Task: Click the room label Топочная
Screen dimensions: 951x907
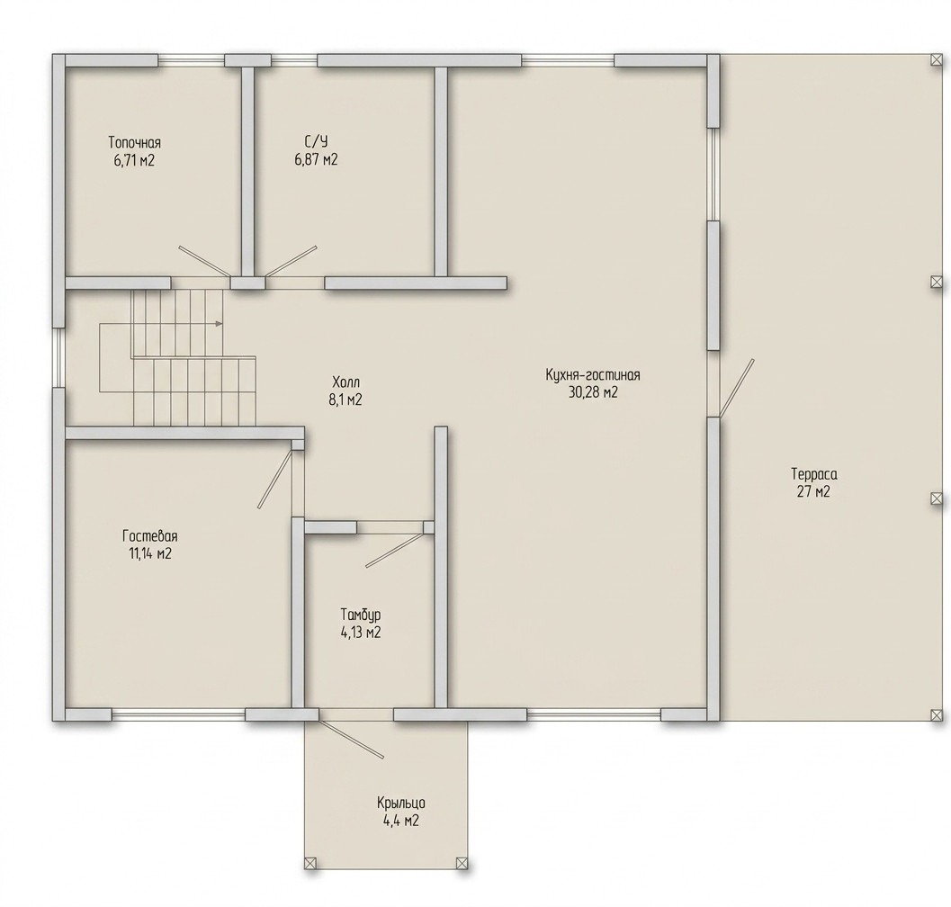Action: pyautogui.click(x=135, y=142)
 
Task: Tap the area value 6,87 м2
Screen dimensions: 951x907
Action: pyautogui.click(x=316, y=159)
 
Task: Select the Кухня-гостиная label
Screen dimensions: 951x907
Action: pyautogui.click(x=593, y=375)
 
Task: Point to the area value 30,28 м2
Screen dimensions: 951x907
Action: pyautogui.click(x=593, y=392)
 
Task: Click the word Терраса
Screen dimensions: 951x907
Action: pyautogui.click(x=814, y=474)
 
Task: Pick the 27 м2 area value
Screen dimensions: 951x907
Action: pyautogui.click(x=813, y=491)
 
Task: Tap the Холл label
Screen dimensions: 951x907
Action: pyautogui.click(x=345, y=382)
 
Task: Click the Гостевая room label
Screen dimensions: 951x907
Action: pyautogui.click(x=150, y=536)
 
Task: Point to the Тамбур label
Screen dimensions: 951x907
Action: pyautogui.click(x=361, y=615)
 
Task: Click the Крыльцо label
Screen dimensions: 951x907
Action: pyautogui.click(x=401, y=804)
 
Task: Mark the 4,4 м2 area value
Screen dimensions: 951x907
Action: pyautogui.click(x=401, y=821)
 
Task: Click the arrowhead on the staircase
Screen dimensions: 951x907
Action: pyautogui.click(x=219, y=323)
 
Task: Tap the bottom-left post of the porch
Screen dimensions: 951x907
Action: pyautogui.click(x=310, y=863)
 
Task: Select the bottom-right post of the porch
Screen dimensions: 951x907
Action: pyautogui.click(x=462, y=863)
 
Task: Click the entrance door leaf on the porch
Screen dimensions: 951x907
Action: pyautogui.click(x=351, y=739)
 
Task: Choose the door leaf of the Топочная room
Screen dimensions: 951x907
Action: pyautogui.click(x=204, y=262)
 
